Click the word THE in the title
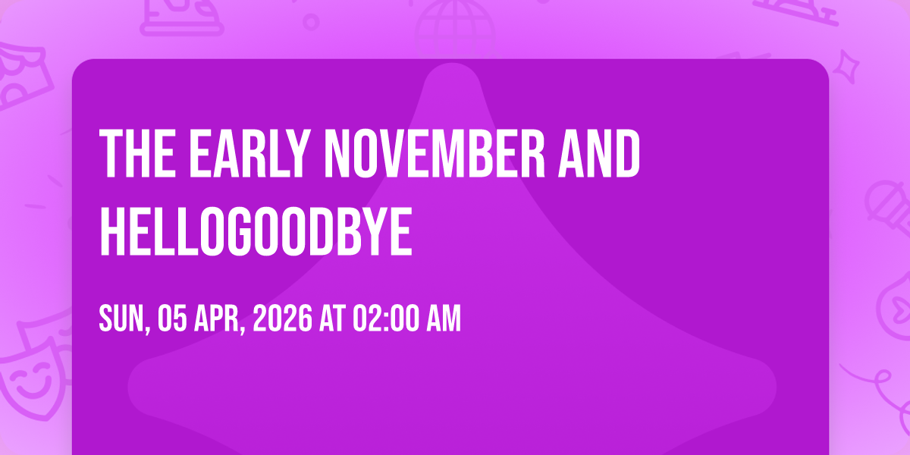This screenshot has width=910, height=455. pos(138,153)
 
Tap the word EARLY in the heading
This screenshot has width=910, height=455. pos(248,153)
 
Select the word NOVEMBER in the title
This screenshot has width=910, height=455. pos(435,153)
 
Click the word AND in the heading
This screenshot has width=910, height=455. pos(599,153)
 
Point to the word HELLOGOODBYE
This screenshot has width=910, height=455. pos(256,231)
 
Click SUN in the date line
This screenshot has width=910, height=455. pos(122,319)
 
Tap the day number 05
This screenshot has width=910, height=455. pos(173,319)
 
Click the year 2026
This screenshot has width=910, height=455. pos(283,319)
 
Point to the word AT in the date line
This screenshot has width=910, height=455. pos(332,319)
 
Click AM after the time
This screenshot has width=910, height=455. pos(443,319)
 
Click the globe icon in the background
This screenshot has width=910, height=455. pos(456,29)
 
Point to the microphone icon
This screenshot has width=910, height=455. pos(888,207)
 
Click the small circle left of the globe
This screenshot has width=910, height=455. pos(311,22)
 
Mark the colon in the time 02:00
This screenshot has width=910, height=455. pos(385,320)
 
